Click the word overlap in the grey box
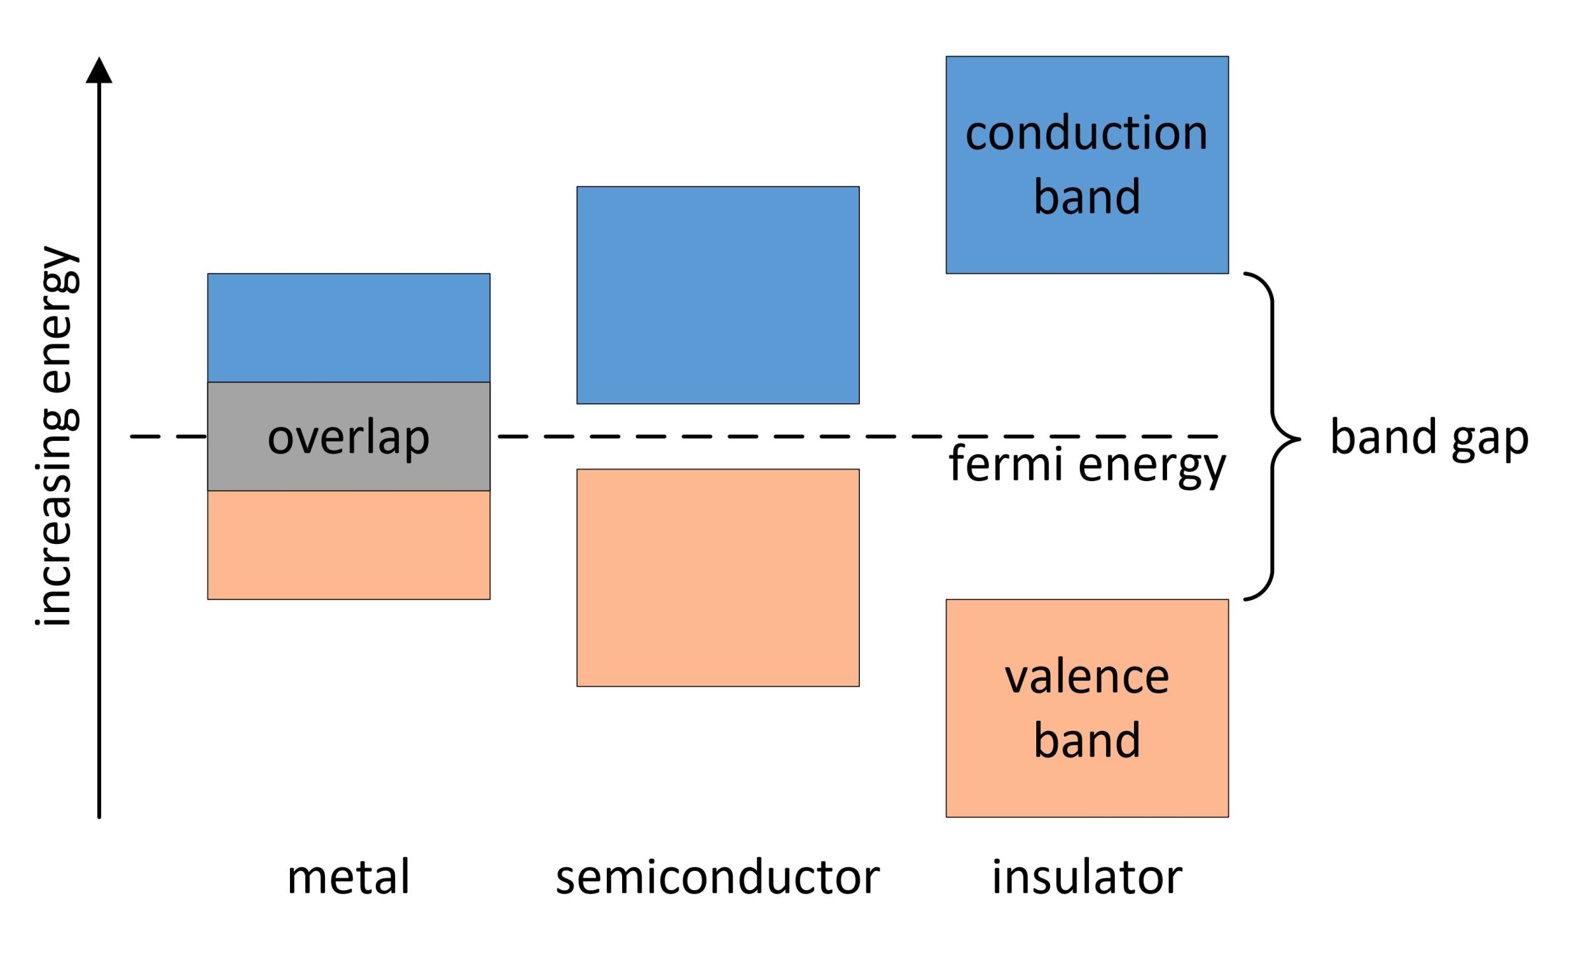click(348, 438)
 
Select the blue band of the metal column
click(348, 328)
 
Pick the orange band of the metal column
click(348, 545)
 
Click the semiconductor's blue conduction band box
click(717, 295)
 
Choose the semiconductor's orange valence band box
click(717, 578)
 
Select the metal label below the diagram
click(348, 877)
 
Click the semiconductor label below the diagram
click(717, 877)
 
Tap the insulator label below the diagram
click(1086, 877)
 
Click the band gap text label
click(1429, 438)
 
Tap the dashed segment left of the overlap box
click(168, 436)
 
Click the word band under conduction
click(1086, 196)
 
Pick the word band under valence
click(1086, 740)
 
